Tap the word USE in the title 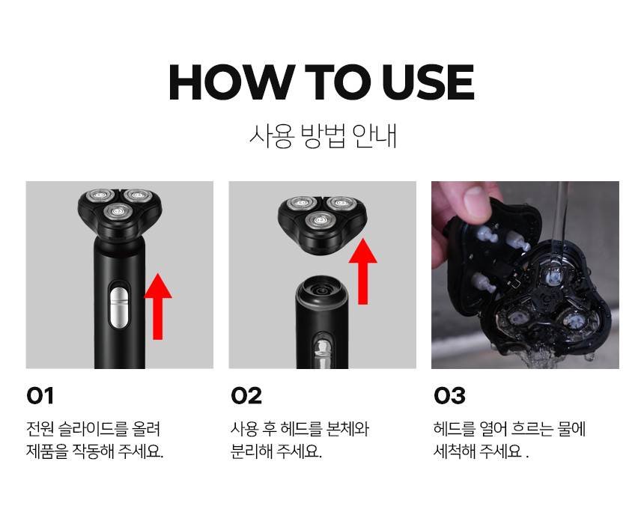428,82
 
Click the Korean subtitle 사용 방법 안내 323,135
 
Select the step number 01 40,396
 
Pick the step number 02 246,396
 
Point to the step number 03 449,396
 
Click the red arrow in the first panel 158,306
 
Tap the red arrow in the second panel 362,271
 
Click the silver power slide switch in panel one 119,308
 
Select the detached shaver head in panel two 322,224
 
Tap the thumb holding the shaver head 473,201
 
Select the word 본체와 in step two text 347,429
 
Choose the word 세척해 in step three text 455,451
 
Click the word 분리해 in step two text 252,451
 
